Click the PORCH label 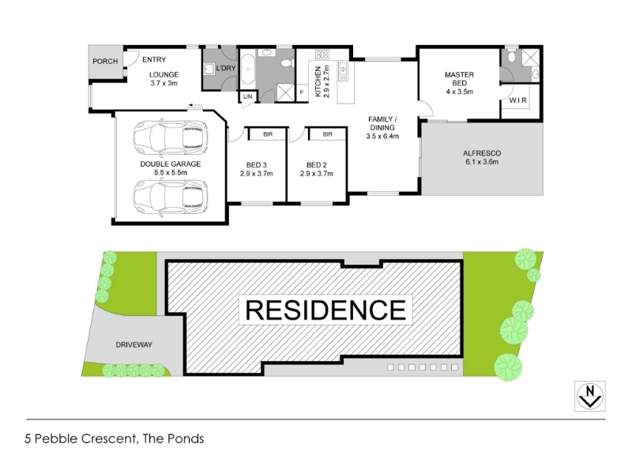(x=105, y=62)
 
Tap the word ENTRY (x=154, y=60)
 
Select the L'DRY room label (x=226, y=68)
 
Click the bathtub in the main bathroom (x=247, y=70)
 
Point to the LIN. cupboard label (x=248, y=96)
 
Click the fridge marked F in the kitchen (x=302, y=92)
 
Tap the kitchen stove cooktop (x=322, y=54)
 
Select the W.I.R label (x=518, y=100)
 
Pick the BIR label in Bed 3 (x=268, y=134)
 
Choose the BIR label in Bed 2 (x=328, y=134)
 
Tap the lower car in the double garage (x=171, y=198)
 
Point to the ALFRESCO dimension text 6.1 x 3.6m (x=482, y=162)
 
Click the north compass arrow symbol (x=589, y=397)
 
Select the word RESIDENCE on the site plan (x=325, y=310)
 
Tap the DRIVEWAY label (x=134, y=345)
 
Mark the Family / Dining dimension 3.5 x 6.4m (x=382, y=136)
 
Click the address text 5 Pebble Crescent (x=80, y=438)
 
